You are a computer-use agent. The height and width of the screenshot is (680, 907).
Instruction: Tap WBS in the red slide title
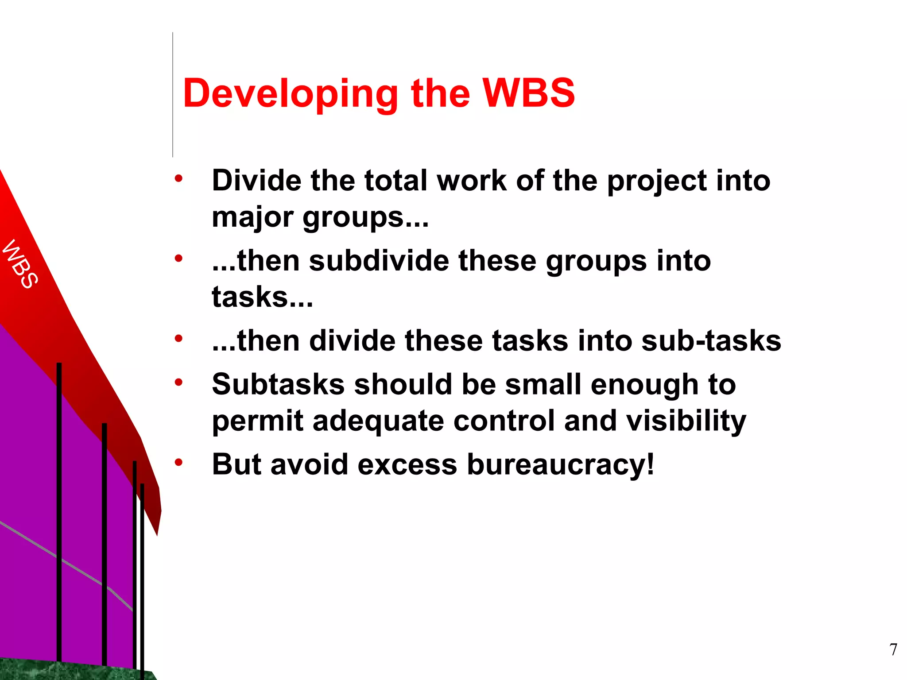[x=529, y=93]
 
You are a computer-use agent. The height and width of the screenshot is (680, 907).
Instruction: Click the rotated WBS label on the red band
[x=20, y=264]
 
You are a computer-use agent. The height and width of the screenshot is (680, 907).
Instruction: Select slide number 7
[x=893, y=649]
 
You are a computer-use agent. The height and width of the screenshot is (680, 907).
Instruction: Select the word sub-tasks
[x=711, y=341]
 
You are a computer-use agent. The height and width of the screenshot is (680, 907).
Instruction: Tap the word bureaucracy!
[x=561, y=465]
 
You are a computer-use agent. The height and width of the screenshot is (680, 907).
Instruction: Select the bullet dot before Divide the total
[x=178, y=179]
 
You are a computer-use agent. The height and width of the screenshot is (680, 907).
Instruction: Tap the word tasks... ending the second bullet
[x=262, y=297]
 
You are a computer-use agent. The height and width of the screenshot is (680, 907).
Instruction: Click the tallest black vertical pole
[x=59, y=509]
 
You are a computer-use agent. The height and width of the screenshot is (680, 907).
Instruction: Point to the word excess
[x=407, y=465]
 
